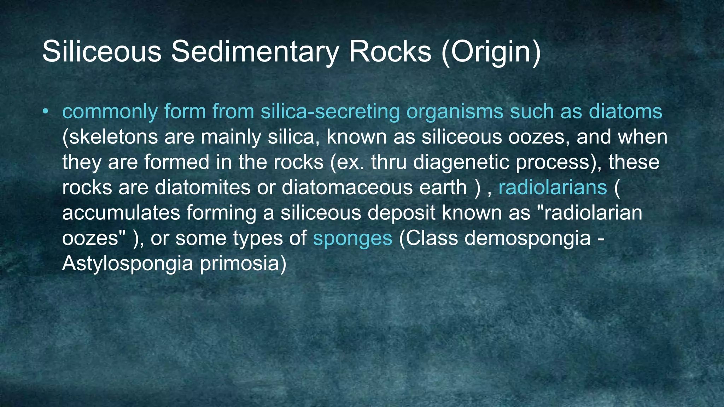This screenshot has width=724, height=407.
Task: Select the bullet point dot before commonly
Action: (x=45, y=112)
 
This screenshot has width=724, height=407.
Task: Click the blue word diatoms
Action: (x=625, y=112)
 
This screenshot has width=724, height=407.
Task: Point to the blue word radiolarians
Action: (x=553, y=187)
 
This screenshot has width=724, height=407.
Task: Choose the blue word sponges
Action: (x=352, y=238)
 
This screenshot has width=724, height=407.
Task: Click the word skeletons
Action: (x=110, y=137)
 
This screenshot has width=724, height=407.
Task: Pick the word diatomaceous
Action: (x=347, y=187)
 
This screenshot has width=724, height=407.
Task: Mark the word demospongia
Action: (x=527, y=238)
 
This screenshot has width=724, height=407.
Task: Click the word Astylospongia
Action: (x=128, y=264)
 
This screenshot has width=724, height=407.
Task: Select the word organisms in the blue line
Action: (x=455, y=112)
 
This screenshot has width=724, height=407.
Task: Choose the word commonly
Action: (x=110, y=112)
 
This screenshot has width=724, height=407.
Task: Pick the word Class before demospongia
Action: (x=428, y=238)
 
